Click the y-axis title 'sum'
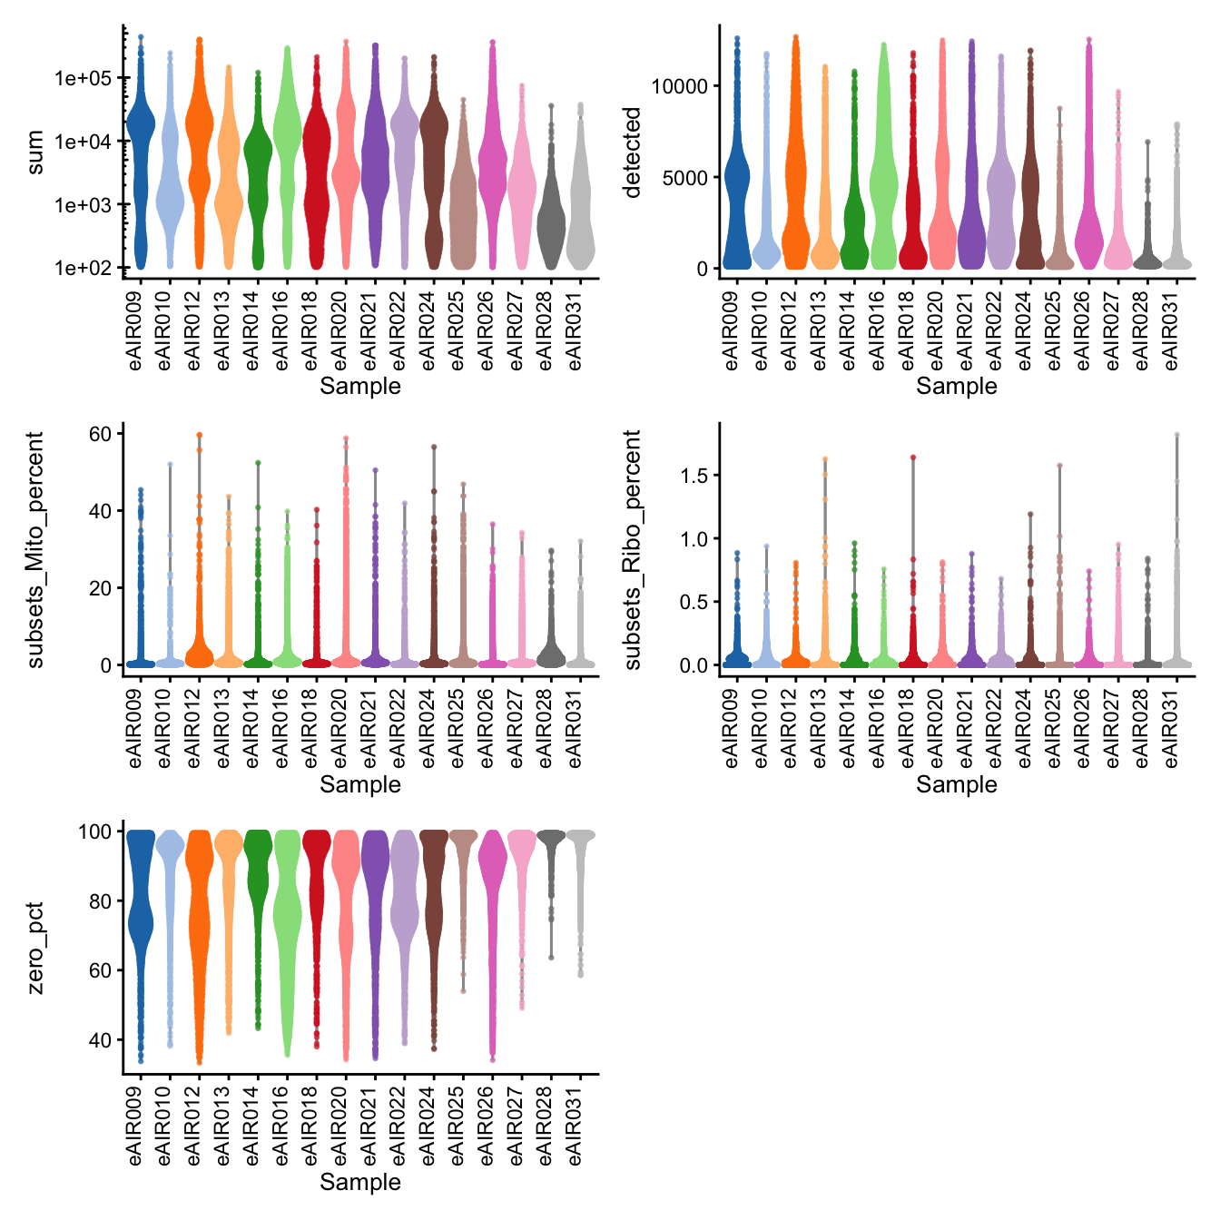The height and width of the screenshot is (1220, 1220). tap(36, 152)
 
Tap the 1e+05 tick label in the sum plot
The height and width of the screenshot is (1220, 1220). tap(83, 78)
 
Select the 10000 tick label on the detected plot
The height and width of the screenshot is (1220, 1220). tap(679, 86)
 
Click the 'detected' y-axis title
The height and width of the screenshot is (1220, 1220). tap(633, 152)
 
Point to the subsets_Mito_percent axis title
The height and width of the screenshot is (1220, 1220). tap(36, 550)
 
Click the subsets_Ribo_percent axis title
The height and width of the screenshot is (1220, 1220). tap(633, 550)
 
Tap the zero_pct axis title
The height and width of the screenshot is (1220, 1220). tap(36, 948)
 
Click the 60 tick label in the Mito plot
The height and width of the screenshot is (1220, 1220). tap(100, 434)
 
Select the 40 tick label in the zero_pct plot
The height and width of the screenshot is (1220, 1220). tap(100, 1040)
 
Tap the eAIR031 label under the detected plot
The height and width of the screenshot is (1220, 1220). tap(1172, 329)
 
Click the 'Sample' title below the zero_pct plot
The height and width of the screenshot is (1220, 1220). tap(360, 1182)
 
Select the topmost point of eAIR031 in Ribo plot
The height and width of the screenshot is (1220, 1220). tap(1177, 435)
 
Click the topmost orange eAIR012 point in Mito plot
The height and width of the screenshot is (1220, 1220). tap(199, 435)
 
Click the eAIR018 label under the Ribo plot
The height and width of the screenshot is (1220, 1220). tap(906, 726)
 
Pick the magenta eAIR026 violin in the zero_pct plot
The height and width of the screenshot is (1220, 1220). tap(492, 871)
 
